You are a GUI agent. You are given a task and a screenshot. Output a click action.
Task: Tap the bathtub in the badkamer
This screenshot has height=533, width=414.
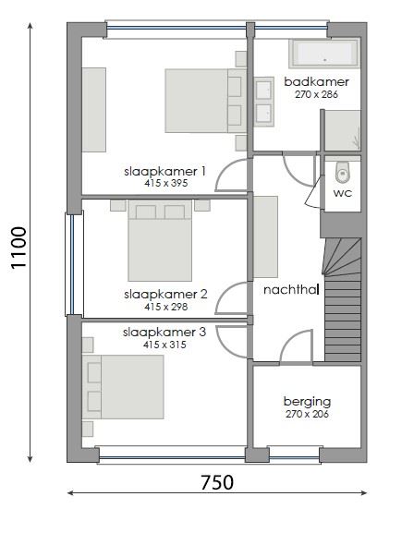[x=323, y=54]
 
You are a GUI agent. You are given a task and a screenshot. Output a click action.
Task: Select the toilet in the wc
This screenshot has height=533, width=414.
[x=343, y=173]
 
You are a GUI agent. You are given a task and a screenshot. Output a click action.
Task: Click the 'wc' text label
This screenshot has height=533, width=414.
[x=342, y=194]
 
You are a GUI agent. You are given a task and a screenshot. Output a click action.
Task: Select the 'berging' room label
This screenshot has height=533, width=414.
[x=307, y=402]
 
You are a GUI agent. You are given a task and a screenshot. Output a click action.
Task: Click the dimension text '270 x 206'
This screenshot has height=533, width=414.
[x=307, y=415]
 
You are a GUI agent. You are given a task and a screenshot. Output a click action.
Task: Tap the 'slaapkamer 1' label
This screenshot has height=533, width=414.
[x=165, y=171]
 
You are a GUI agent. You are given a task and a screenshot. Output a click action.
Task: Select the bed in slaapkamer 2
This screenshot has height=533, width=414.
[x=161, y=242]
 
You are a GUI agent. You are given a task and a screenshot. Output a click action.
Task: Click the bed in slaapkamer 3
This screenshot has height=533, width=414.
[x=127, y=387]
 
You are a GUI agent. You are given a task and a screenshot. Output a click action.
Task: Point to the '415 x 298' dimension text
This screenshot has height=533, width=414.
[x=165, y=307]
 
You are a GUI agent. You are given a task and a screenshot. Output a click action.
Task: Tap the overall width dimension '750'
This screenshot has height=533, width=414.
[x=217, y=481]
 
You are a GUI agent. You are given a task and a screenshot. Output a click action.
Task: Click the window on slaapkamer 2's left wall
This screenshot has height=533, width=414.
[x=70, y=263]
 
